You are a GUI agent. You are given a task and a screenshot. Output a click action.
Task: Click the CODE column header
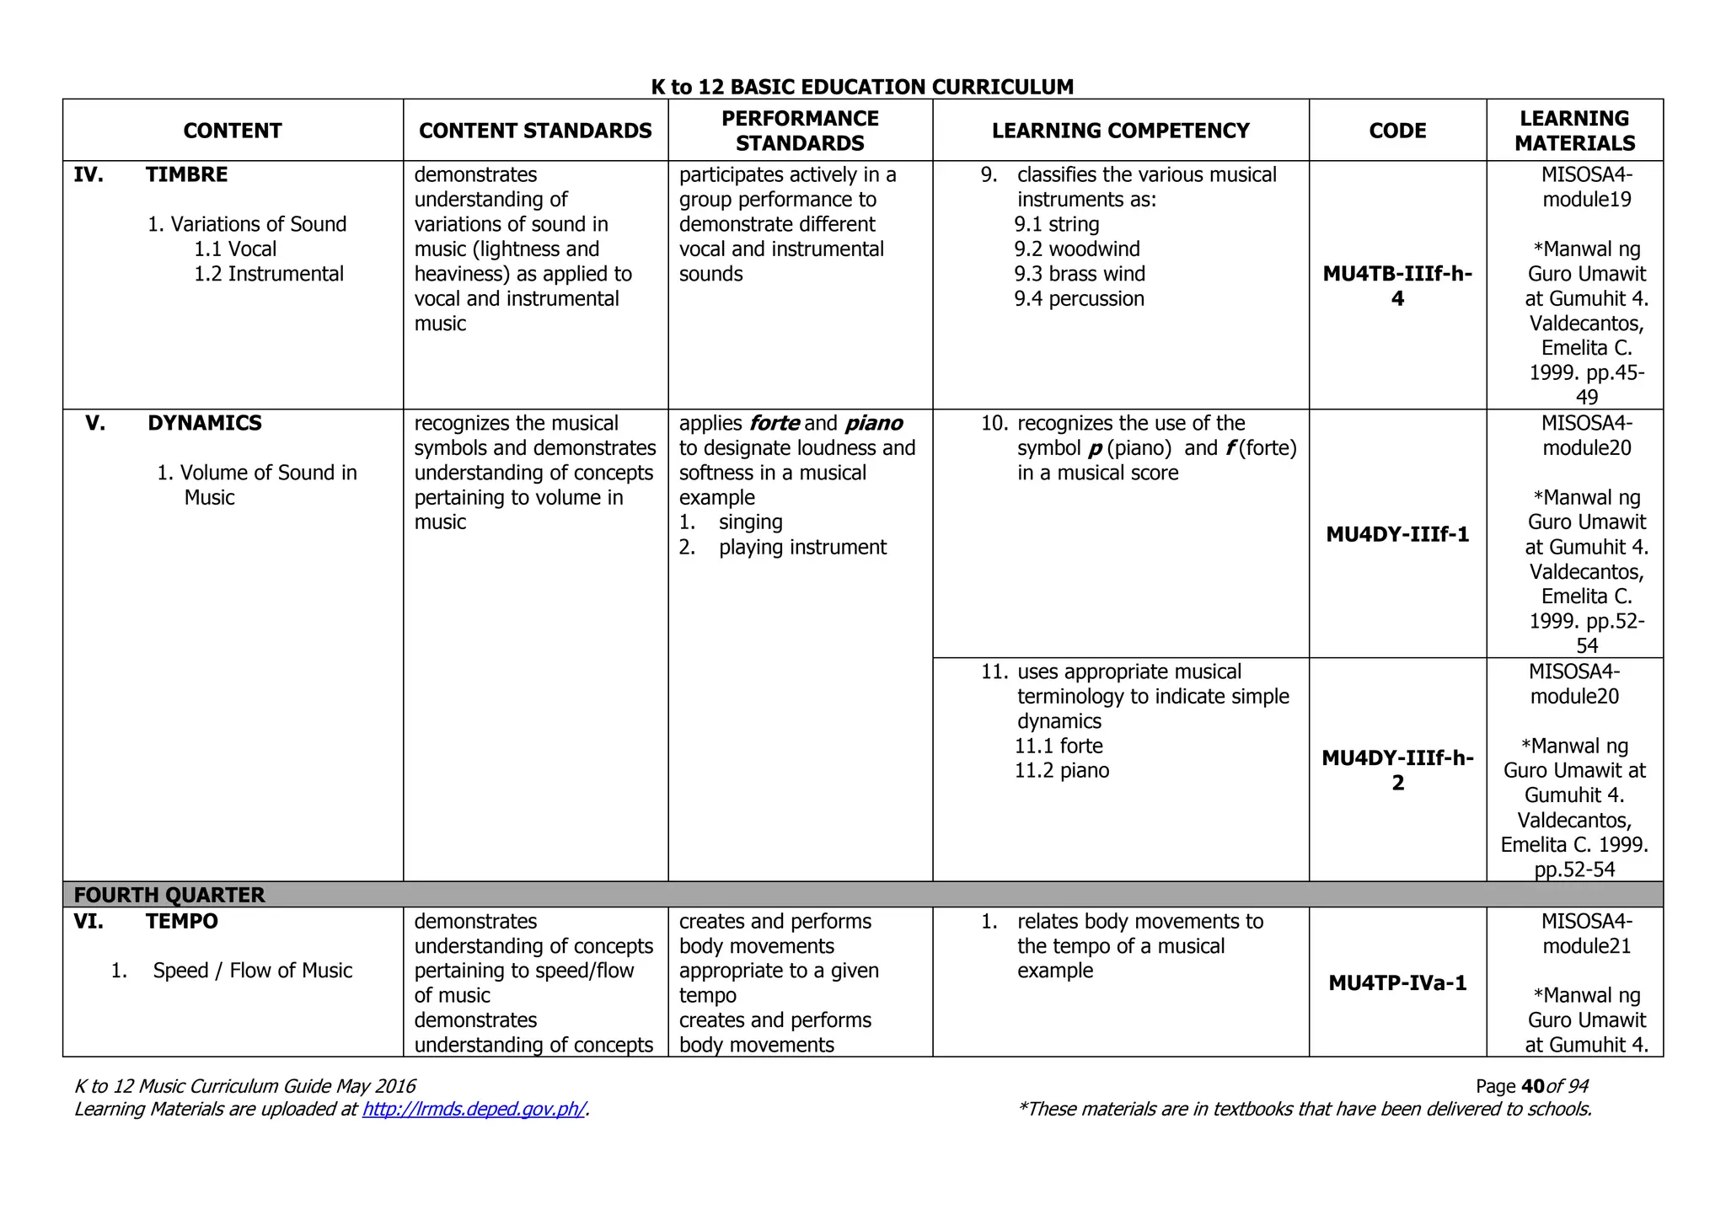coord(1397,131)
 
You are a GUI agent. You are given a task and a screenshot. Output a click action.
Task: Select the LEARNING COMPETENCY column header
coord(1120,131)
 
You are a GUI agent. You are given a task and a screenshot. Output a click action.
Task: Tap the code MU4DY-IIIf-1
coord(1397,534)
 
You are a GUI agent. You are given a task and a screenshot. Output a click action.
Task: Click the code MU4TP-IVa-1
coord(1397,982)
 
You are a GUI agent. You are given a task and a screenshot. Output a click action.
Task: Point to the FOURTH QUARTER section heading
coord(169,895)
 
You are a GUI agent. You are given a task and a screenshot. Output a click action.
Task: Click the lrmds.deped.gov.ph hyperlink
coord(474,1110)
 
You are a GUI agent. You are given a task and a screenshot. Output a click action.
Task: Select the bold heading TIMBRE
coord(186,174)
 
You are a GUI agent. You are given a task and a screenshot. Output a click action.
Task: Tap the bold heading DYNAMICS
coord(205,423)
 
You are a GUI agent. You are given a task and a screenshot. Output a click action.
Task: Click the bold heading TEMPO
coord(181,921)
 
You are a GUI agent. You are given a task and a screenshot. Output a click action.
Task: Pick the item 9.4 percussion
coord(1079,299)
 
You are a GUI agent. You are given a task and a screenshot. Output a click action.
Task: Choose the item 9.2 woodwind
coord(1076,249)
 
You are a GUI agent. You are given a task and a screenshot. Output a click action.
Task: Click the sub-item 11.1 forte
coord(1059,746)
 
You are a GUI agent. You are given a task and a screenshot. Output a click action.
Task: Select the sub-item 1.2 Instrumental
coord(269,274)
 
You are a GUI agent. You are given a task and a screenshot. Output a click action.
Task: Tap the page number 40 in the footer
coord(1533,1087)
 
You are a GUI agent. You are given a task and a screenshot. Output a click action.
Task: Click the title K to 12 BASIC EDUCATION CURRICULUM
coord(862,87)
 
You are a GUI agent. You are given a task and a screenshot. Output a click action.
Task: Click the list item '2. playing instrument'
coord(783,548)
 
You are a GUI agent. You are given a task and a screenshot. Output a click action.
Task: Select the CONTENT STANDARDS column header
coord(535,131)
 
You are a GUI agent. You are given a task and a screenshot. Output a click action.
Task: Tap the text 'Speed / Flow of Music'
coord(252,971)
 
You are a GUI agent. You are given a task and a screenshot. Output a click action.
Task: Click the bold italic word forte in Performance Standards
coord(774,423)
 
